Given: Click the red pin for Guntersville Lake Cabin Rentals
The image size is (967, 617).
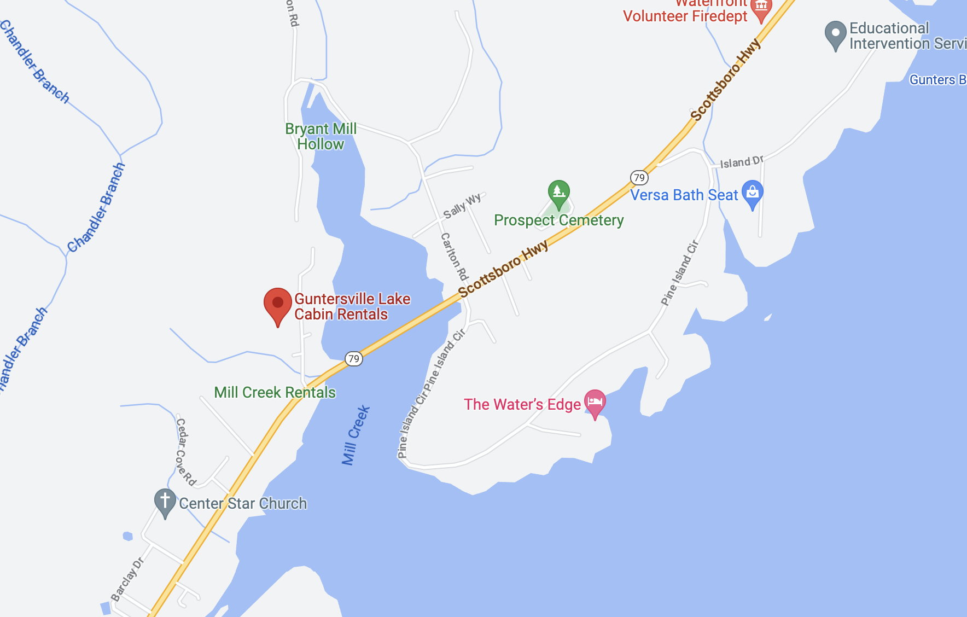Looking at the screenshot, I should pyautogui.click(x=277, y=304).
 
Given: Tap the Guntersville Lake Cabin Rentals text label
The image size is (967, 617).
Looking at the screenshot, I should pyautogui.click(x=352, y=307).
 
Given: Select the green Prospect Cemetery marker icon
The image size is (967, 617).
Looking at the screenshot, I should pyautogui.click(x=558, y=193).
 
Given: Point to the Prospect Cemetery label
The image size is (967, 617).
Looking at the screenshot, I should pyautogui.click(x=558, y=220).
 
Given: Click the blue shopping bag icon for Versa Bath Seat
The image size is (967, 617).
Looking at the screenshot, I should pyautogui.click(x=753, y=193).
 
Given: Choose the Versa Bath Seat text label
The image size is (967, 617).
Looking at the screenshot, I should pyautogui.click(x=684, y=195).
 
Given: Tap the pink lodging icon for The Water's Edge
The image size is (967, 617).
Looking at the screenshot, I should pyautogui.click(x=595, y=403).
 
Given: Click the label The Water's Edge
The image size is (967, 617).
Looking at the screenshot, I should pyautogui.click(x=522, y=405).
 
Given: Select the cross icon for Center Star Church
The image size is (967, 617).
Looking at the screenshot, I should pyautogui.click(x=165, y=502).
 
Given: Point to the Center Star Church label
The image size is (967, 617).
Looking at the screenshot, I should pyautogui.click(x=243, y=504).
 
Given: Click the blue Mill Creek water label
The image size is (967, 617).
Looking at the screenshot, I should pyautogui.click(x=356, y=435).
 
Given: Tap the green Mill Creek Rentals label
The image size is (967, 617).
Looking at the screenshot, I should pyautogui.click(x=275, y=393).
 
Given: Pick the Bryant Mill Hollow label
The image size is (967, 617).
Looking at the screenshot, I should pyautogui.click(x=321, y=137).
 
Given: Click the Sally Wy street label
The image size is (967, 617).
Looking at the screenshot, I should pyautogui.click(x=462, y=206).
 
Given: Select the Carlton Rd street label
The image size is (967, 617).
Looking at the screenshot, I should pyautogui.click(x=454, y=257).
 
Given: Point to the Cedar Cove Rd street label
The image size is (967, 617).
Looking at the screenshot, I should pyautogui.click(x=185, y=452).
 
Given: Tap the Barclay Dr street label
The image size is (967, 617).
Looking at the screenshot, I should pyautogui.click(x=127, y=579).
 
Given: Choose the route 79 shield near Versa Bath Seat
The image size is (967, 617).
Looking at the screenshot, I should pyautogui.click(x=639, y=177).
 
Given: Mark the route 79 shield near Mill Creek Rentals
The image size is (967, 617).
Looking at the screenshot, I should pyautogui.click(x=354, y=359).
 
